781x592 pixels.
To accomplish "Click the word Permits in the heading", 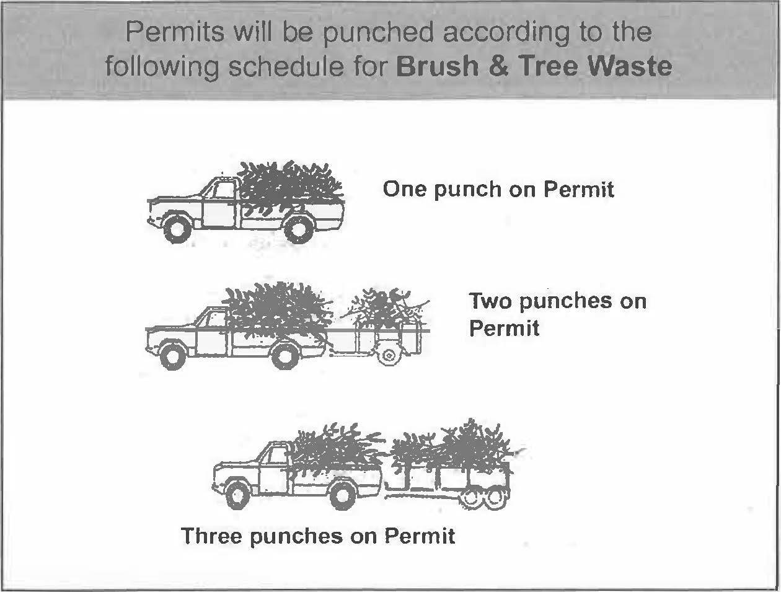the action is pyautogui.click(x=175, y=32).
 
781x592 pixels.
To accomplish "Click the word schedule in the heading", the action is pyautogui.click(x=286, y=66).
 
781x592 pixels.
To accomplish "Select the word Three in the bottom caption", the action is pyautogui.click(x=211, y=536).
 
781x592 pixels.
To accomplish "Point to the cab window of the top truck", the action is pyautogui.click(x=222, y=191).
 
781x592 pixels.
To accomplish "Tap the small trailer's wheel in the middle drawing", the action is pyautogui.click(x=390, y=355).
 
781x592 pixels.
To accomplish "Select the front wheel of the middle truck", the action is pyautogui.click(x=173, y=356).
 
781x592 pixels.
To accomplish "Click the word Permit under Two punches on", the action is pyautogui.click(x=504, y=328).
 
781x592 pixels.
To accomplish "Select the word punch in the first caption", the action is pyautogui.click(x=468, y=190).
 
